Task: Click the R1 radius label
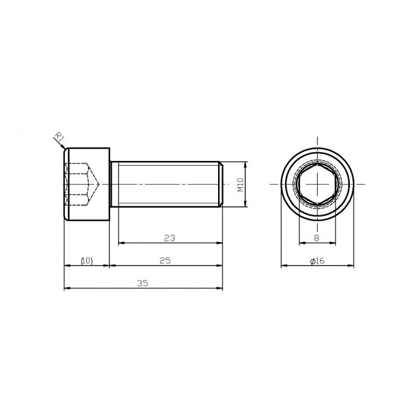[59, 137]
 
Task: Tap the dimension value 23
[169, 238]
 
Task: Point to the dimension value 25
[165, 261]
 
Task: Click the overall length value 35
[143, 283]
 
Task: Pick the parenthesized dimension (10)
[87, 261]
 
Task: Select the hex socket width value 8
[316, 238]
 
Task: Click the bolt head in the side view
[87, 185]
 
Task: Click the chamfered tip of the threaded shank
[221, 185]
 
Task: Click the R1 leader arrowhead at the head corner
[65, 146]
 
